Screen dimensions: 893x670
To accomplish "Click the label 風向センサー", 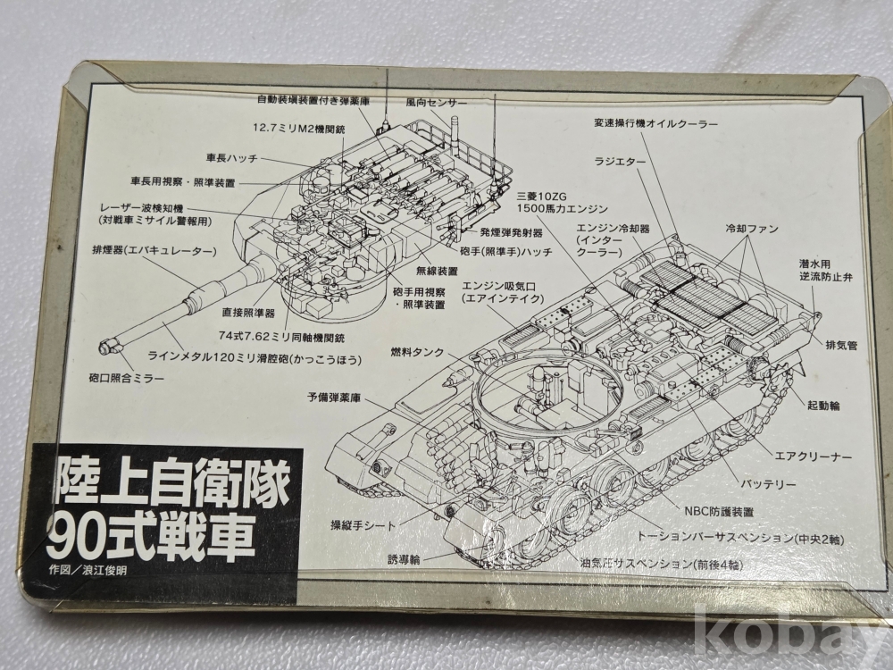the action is coord(437,103).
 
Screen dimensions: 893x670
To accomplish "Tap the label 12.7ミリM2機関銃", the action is coord(299,128).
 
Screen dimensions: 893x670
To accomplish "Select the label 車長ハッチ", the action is coord(232,158).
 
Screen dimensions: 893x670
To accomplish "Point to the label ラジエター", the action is coord(621,162).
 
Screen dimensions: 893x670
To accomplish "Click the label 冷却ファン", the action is coord(752,229).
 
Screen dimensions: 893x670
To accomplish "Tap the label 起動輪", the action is coord(823,406).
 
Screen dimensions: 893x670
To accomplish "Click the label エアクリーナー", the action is coord(814,456).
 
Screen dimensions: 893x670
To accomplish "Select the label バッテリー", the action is coord(768,484).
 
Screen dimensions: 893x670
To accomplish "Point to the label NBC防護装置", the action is coord(719,512).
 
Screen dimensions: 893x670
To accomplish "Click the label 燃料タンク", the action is coord(417,352).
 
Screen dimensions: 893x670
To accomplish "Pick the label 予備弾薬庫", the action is coord(334,398).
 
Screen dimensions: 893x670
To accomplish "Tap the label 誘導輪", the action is coord(404,559).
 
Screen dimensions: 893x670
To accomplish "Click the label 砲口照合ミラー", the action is coord(127,378).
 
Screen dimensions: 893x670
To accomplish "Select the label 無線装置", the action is coord(437,271).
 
